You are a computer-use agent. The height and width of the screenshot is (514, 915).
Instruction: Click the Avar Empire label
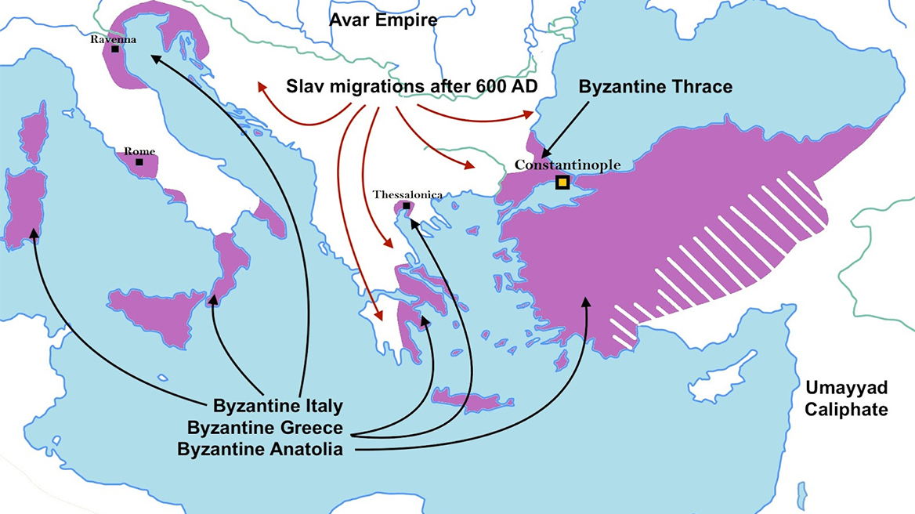(x=382, y=20)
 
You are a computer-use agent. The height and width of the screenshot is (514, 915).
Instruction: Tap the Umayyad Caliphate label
(x=844, y=398)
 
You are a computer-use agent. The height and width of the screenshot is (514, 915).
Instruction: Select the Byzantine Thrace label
(x=656, y=86)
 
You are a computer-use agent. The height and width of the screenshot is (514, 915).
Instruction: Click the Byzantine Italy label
(x=277, y=407)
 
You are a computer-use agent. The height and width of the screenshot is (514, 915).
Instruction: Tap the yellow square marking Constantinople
(x=562, y=183)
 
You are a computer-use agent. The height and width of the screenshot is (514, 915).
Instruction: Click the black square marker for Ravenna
(x=115, y=49)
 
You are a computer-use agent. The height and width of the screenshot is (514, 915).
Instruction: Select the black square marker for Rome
(x=139, y=162)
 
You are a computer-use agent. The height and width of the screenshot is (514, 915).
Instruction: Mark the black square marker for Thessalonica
(x=406, y=206)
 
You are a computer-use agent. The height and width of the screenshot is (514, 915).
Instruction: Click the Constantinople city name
(x=567, y=165)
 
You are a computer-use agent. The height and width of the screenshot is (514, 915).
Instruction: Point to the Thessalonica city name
(x=407, y=194)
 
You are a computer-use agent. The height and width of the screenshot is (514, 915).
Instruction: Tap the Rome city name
(x=139, y=151)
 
